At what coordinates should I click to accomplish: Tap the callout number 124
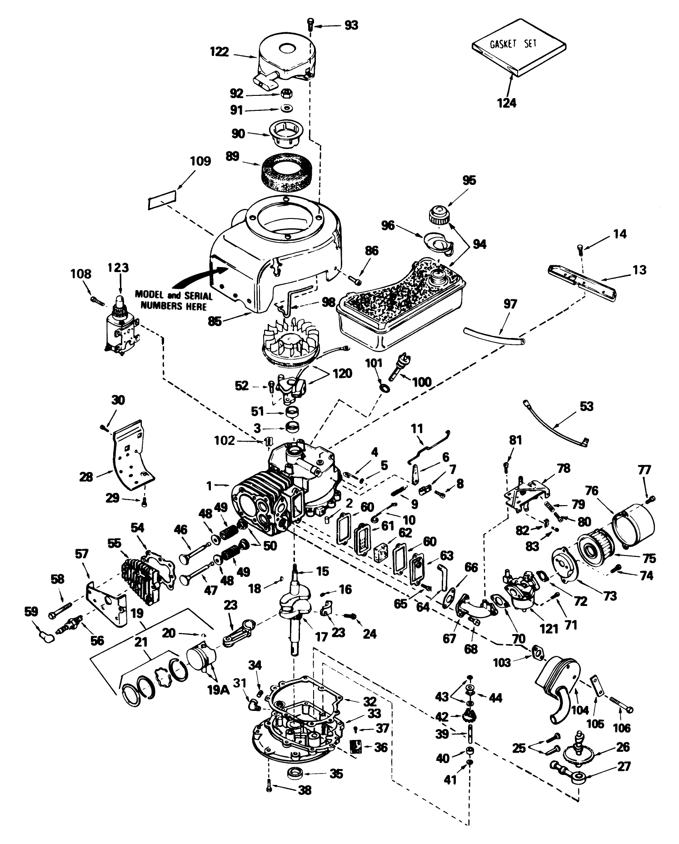[x=506, y=103]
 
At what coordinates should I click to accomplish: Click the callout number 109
[x=201, y=161]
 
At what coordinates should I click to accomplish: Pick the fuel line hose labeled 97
[x=494, y=335]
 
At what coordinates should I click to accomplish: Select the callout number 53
[x=587, y=406]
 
